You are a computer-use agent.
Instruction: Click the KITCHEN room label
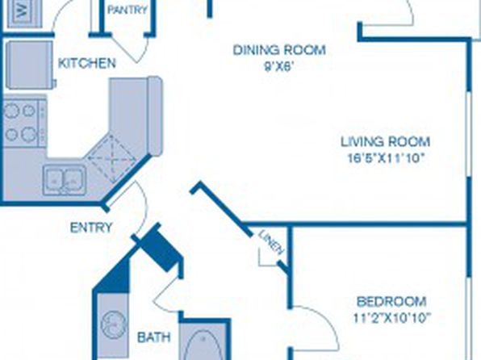coord(87,63)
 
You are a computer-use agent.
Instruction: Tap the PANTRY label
coord(128,10)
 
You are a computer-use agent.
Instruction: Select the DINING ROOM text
coord(279,50)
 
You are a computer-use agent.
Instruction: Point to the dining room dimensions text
coord(278,67)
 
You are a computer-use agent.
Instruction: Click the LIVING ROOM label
coord(386,142)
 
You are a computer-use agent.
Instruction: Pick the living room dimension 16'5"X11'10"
coord(386,158)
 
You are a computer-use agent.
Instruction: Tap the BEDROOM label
coord(391,302)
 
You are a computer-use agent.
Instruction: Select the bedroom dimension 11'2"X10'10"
coord(392,318)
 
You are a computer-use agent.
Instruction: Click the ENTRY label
coord(91,228)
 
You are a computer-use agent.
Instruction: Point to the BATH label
coord(154,337)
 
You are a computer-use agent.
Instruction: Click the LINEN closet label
coord(271,242)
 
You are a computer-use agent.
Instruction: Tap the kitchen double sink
coord(64,180)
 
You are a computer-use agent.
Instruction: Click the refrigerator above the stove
coord(30,65)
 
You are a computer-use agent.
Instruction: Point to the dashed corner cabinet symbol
coord(111,158)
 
